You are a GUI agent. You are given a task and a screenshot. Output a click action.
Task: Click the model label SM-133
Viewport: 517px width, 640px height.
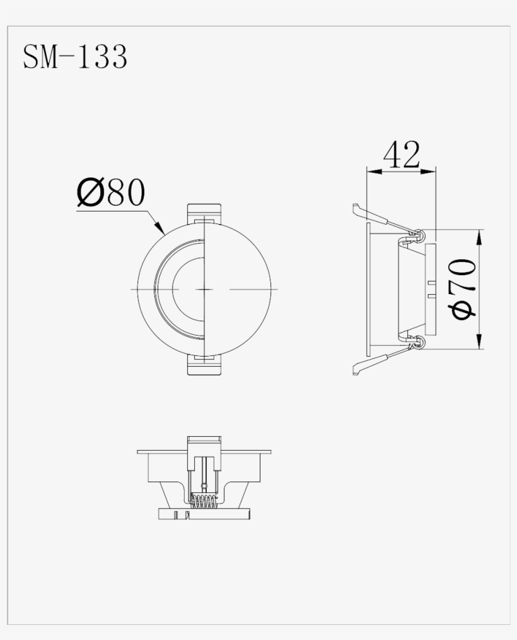click(75, 56)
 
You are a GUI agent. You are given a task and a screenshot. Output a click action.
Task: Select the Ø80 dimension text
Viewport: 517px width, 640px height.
click(110, 193)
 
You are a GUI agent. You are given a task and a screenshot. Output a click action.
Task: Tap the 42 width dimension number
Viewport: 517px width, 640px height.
click(401, 155)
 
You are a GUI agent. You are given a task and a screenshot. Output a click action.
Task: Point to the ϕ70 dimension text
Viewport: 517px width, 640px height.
click(464, 288)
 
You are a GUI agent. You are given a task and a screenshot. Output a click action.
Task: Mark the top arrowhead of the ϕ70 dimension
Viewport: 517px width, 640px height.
click(480, 235)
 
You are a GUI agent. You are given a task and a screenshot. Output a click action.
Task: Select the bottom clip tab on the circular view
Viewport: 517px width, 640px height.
click(205, 366)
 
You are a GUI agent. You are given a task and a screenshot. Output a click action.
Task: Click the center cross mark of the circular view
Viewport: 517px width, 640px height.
click(205, 288)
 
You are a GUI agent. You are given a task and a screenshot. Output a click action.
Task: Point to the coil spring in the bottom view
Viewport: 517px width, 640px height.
click(204, 502)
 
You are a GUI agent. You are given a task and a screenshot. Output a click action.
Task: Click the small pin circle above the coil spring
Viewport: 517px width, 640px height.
click(203, 485)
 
